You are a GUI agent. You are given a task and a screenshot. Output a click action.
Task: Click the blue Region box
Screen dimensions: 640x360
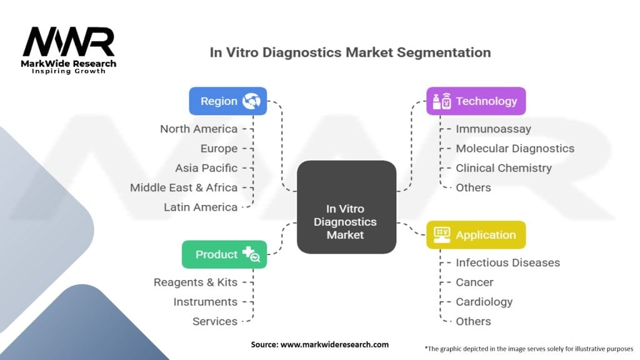pyautogui.click(x=227, y=101)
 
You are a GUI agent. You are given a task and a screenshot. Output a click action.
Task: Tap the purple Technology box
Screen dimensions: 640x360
pyautogui.click(x=476, y=101)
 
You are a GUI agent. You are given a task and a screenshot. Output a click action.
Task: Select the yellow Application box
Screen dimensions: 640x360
pyautogui.click(x=476, y=235)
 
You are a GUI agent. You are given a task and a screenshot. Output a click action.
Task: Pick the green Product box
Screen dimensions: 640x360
pyautogui.click(x=224, y=254)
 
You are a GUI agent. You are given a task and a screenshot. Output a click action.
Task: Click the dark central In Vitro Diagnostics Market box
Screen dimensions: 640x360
pyautogui.click(x=346, y=207)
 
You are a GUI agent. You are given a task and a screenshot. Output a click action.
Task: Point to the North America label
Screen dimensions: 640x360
pyautogui.click(x=199, y=129)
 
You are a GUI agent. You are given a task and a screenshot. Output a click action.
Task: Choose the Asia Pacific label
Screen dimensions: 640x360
pyautogui.click(x=206, y=168)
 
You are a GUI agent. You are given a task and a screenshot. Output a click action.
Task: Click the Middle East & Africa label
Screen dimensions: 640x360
pyautogui.click(x=184, y=187)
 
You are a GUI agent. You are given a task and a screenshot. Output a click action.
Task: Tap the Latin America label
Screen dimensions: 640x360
pyautogui.click(x=201, y=207)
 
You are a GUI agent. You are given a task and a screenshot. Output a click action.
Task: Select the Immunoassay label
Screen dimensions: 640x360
pyautogui.click(x=494, y=129)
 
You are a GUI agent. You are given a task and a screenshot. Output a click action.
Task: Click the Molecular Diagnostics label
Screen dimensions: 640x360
pyautogui.click(x=515, y=149)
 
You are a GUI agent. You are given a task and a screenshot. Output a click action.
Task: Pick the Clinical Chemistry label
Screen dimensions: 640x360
pyautogui.click(x=504, y=168)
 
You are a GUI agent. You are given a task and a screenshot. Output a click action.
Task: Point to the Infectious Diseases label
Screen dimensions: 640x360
pyautogui.click(x=507, y=263)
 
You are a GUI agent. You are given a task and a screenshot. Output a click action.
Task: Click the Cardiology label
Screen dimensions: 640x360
pyautogui.click(x=484, y=302)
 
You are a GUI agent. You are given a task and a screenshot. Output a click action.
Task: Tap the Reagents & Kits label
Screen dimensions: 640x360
pyautogui.click(x=196, y=282)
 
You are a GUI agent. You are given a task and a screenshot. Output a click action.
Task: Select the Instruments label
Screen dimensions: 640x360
pyautogui.click(x=205, y=302)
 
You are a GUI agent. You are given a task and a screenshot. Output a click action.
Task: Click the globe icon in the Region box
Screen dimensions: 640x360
pyautogui.click(x=251, y=101)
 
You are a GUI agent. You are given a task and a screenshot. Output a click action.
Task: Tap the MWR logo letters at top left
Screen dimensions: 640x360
pyautogui.click(x=69, y=41)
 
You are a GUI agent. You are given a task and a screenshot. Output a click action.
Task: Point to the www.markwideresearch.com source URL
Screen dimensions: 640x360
pyautogui.click(x=335, y=344)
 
